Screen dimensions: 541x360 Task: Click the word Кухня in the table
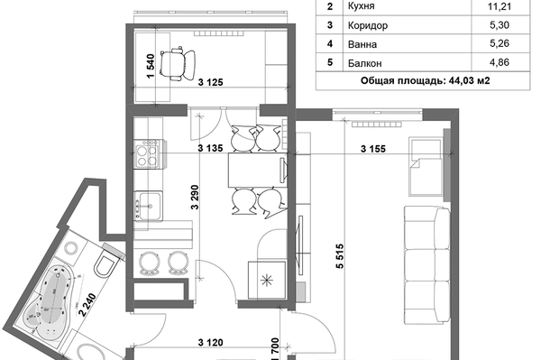(362, 6)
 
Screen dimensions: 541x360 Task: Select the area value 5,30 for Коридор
(500, 25)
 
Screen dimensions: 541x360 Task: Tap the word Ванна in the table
(362, 44)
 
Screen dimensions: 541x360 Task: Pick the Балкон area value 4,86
(500, 62)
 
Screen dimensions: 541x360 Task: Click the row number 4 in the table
(330, 44)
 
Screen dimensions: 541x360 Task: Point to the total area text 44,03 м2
(469, 81)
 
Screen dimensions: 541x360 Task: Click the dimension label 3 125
(210, 82)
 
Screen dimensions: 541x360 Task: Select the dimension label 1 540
(151, 66)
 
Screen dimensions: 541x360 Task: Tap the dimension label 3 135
(210, 148)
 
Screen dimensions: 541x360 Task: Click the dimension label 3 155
(373, 149)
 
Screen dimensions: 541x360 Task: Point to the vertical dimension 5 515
(340, 256)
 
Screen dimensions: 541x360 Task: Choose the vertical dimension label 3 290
(195, 197)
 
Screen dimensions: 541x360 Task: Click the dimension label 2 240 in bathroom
(87, 305)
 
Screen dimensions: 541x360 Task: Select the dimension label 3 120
(210, 343)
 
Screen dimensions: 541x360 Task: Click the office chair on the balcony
(177, 64)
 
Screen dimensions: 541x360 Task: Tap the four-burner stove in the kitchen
(149, 154)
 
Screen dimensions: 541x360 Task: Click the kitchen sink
(149, 206)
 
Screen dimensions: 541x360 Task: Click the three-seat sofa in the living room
(426, 264)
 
